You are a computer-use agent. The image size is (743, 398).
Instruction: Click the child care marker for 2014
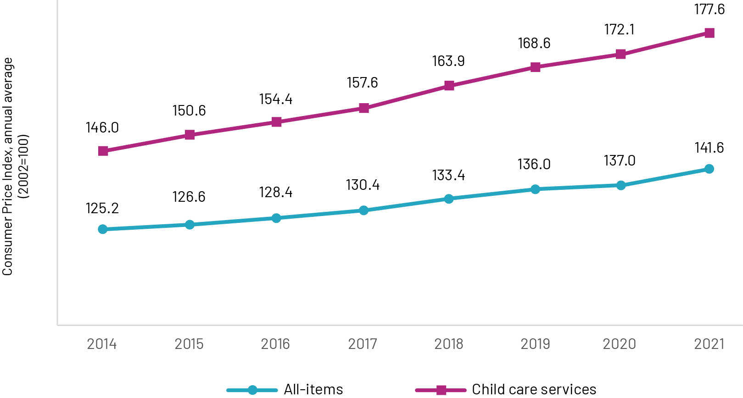[x=103, y=151]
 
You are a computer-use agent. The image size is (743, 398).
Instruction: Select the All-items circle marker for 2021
[x=709, y=169]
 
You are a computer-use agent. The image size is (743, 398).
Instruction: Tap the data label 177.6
[x=709, y=9]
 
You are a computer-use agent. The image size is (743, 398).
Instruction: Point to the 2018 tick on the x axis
[x=449, y=344]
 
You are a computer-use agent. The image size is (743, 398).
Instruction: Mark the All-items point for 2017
[x=363, y=210]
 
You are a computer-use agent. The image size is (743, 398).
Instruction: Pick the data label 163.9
[x=448, y=61]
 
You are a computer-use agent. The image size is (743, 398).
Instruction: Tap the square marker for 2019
[x=535, y=67]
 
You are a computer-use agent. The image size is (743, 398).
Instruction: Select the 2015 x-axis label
[x=189, y=344]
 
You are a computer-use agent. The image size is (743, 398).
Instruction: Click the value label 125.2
[x=102, y=208]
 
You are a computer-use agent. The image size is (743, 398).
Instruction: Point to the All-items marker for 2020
[x=620, y=185]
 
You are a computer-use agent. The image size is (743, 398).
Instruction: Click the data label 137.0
[x=620, y=160]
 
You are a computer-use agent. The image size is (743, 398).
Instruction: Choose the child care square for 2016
[x=276, y=122]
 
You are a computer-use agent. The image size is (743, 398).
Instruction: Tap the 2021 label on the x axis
[x=709, y=344]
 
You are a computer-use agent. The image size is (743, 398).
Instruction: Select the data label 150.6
[x=189, y=111]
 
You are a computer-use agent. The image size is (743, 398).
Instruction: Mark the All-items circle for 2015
[x=190, y=225]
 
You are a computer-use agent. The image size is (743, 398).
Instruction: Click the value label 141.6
[x=709, y=148]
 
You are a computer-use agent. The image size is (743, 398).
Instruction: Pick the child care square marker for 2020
[x=620, y=54]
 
